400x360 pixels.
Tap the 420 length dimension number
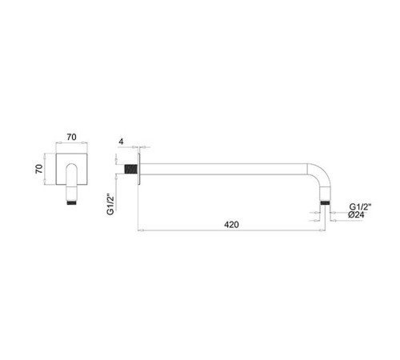pos(231,226)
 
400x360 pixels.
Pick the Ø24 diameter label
pos(360,216)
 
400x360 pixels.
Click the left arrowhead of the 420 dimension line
pos(141,233)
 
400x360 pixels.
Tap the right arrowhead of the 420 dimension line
pos(322,233)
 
